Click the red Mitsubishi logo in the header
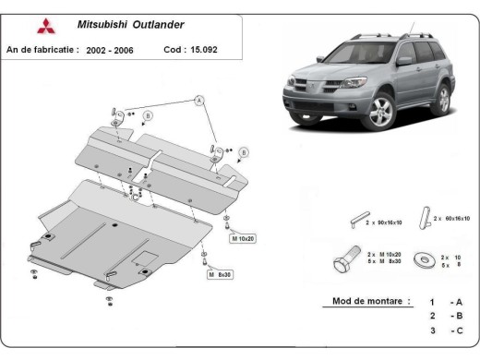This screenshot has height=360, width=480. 17,27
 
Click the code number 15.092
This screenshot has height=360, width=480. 204,49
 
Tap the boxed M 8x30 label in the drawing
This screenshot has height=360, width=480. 222,274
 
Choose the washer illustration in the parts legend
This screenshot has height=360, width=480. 427,260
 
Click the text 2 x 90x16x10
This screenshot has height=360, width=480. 389,223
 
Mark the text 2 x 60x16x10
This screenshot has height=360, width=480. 452,219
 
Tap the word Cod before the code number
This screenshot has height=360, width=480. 173,49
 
